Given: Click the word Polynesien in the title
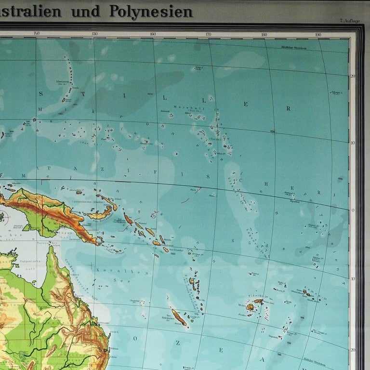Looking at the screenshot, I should coord(151,11).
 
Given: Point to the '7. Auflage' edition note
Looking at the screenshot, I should coord(349,21).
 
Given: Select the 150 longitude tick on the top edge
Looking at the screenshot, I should coord(94,34).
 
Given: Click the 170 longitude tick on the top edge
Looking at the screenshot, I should coord(209,34).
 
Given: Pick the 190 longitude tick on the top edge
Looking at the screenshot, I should coord(318,34).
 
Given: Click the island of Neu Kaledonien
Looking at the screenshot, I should coord(179,317).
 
